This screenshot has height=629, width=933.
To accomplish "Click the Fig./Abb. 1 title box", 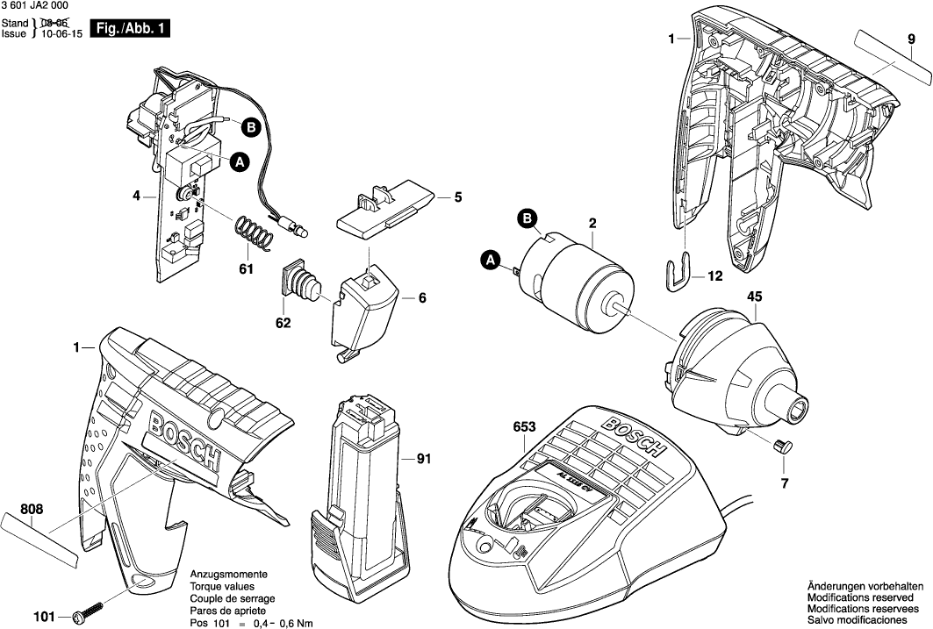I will (x=122, y=29).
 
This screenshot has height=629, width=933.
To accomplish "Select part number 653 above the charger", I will (x=525, y=427).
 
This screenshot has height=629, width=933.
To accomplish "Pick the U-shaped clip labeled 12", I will (x=675, y=273).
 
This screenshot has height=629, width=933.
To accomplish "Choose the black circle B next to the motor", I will (x=528, y=218).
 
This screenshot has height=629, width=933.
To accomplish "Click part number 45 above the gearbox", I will (x=754, y=297).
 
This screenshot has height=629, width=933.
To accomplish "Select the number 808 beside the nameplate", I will (x=31, y=508).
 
